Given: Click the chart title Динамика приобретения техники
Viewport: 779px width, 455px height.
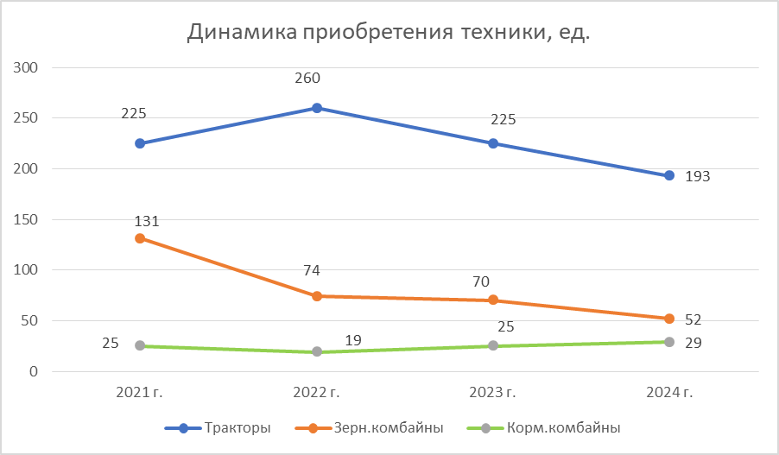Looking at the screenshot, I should [389, 33].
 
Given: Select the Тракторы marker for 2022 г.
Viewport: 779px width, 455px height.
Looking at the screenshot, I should [317, 108].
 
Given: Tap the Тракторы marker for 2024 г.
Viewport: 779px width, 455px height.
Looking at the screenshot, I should [669, 175].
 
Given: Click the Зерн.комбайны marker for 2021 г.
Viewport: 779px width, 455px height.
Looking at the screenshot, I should [140, 238].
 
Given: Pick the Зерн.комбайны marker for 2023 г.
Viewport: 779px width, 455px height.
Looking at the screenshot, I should [493, 300].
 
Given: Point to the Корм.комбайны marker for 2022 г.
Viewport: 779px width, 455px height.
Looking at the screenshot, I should [317, 351].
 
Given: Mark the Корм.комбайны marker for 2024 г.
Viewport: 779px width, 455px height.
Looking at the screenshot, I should [669, 342].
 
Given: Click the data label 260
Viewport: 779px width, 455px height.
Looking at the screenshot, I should [307, 79].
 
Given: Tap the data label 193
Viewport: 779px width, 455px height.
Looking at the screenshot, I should [697, 177].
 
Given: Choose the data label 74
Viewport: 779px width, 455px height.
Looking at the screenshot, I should [312, 271].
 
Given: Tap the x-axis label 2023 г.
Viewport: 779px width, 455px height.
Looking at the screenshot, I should [492, 393].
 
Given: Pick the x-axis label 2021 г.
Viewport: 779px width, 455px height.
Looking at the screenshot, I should [140, 393].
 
